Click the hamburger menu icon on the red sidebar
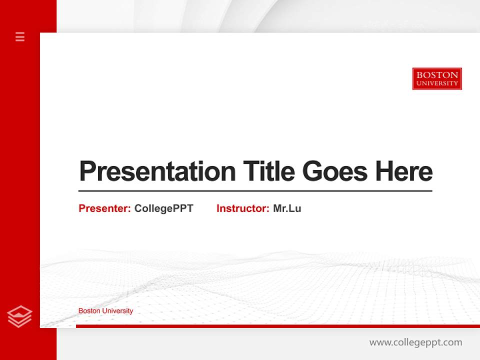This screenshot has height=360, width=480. (20, 36)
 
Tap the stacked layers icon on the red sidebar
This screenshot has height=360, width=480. (19, 316)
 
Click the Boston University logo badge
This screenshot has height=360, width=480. (437, 79)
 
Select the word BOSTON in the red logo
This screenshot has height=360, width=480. (437, 75)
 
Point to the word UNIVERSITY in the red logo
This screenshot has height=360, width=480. (437, 83)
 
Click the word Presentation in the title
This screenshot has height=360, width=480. (157, 171)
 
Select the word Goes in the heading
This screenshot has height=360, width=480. (335, 171)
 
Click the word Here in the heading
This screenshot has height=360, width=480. (404, 171)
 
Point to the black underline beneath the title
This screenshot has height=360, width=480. (255, 190)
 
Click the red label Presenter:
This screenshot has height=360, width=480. (104, 208)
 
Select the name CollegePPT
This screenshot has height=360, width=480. (164, 208)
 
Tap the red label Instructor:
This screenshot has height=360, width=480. (242, 208)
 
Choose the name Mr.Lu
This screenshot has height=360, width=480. (287, 208)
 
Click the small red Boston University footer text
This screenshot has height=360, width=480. (105, 311)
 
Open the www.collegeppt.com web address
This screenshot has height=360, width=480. (415, 342)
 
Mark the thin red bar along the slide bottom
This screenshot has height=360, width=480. (277, 326)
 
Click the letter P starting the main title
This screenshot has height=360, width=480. (87, 171)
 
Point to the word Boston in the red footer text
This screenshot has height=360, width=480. (89, 311)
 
